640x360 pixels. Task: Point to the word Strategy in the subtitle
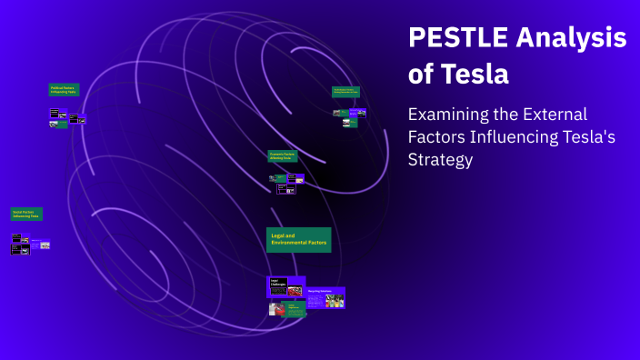click(441, 160)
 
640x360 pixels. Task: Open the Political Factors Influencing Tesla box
click(64, 90)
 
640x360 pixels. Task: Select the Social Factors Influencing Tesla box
click(26, 215)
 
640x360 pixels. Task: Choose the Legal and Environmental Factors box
click(298, 240)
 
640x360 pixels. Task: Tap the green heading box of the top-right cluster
click(345, 92)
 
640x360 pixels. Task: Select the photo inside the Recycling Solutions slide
click(335, 301)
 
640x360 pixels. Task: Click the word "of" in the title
click(422, 75)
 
